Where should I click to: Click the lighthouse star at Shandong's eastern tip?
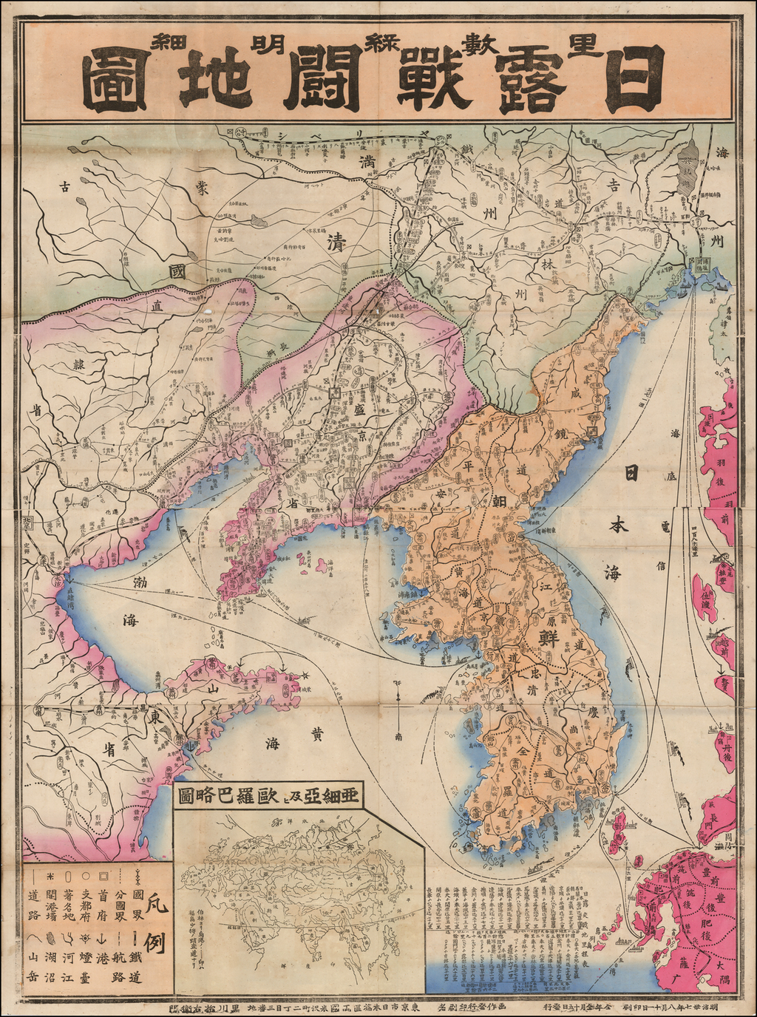point(305,675)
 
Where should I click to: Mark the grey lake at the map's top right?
point(688,166)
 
